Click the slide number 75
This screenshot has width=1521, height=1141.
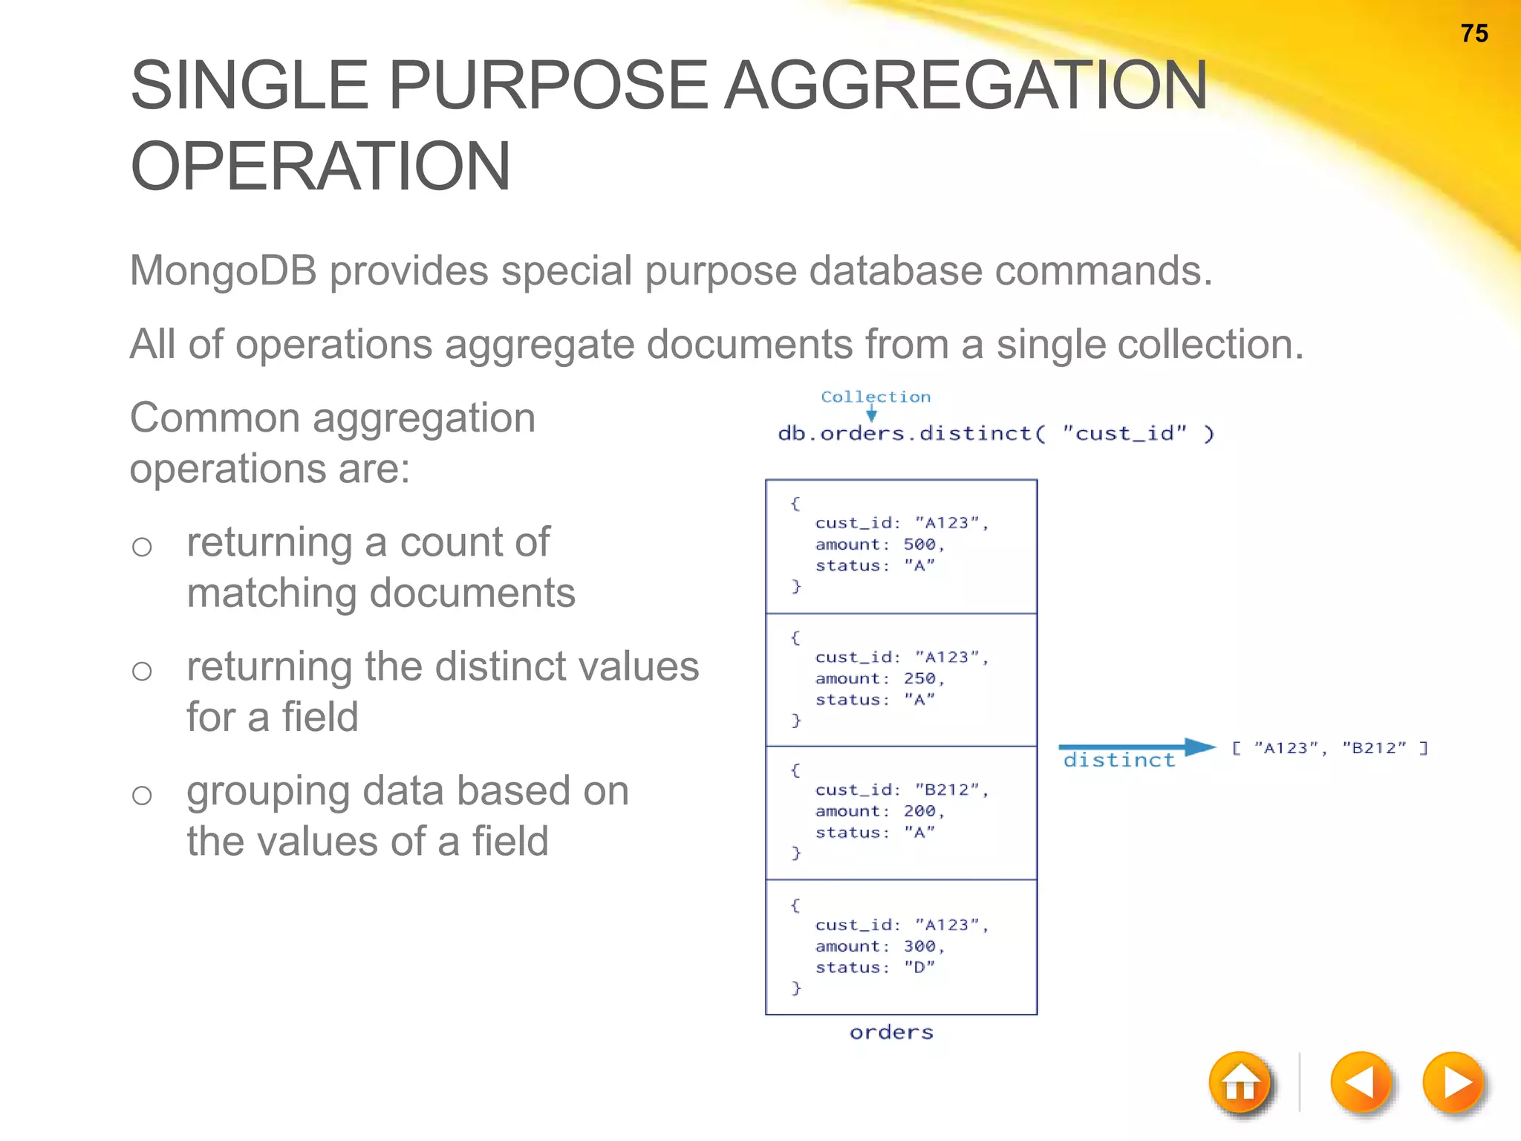pos(1473,34)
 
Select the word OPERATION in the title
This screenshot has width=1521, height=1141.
pos(320,166)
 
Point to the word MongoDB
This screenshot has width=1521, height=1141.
pos(223,270)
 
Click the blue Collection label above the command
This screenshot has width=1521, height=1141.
pos(876,397)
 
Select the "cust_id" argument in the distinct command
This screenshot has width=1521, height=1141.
pos(1124,433)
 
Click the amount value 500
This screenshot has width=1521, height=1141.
pos(919,545)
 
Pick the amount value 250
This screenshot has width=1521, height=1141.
pos(919,678)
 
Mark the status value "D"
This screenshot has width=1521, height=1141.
pos(919,967)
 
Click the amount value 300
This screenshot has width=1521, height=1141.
pos(919,946)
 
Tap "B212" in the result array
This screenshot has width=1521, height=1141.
pos(1374,748)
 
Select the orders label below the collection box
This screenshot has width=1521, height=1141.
pos(891,1033)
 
